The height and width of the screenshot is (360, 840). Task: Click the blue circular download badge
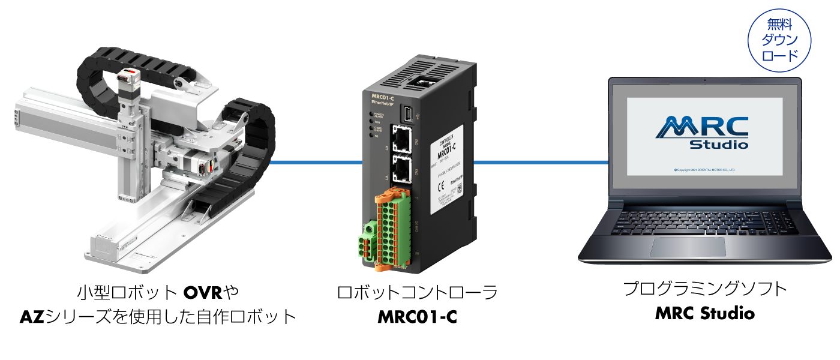point(779,40)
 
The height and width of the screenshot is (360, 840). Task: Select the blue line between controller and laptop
point(540,162)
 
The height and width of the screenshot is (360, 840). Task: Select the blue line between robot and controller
point(315,162)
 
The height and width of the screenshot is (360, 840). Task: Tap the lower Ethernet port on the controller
point(401,170)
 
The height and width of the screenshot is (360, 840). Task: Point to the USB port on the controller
point(407,113)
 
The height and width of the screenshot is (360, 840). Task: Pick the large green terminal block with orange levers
point(393,228)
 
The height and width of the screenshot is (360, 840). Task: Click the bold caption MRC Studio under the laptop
point(705,313)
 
